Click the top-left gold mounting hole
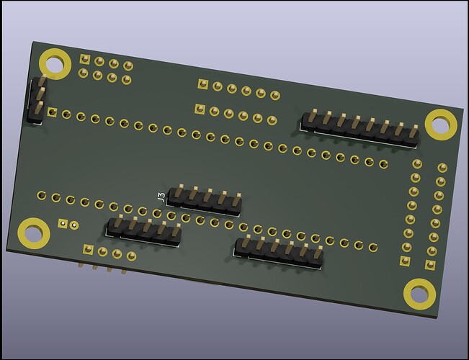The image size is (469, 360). pos(54,62)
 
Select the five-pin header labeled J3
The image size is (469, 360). pos(203,201)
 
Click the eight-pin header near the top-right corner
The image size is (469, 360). pos(360,129)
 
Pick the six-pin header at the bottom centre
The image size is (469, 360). pos(280,252)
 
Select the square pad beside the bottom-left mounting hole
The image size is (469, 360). pos(63,224)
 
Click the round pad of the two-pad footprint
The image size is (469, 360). pos(74,225)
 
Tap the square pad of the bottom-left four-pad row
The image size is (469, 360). pos(87,249)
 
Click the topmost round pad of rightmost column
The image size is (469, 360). pos(442,168)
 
